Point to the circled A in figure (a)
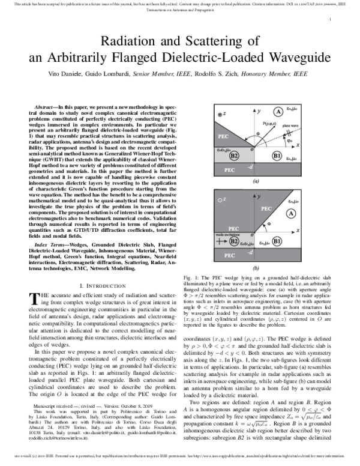279,112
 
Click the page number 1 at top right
331,20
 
